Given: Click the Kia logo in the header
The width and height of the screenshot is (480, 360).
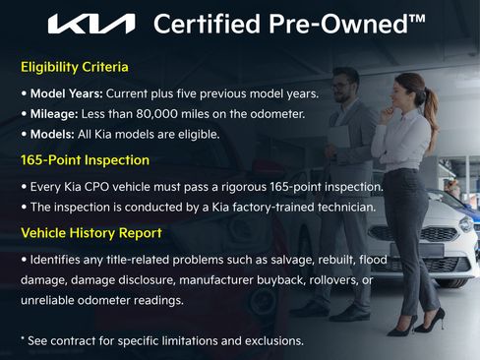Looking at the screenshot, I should [92, 24].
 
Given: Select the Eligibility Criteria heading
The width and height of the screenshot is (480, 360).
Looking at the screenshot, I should [75, 68].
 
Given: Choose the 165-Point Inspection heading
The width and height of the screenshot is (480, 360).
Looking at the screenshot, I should [85, 159].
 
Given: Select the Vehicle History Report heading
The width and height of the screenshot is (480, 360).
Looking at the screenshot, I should [91, 233].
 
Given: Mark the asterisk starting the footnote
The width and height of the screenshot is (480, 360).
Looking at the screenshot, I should [23, 340].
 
